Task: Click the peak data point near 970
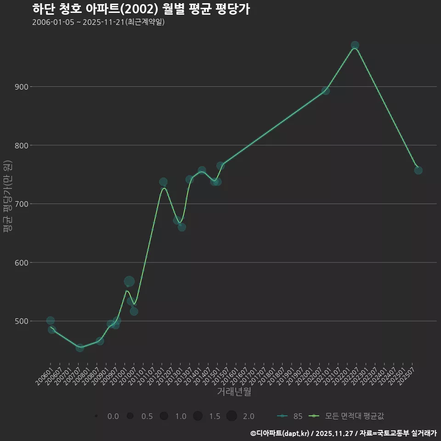click(355, 45)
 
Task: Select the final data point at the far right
click(418, 170)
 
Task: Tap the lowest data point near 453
click(79, 348)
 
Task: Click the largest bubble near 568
click(129, 281)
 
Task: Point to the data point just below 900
click(325, 90)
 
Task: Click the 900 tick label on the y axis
click(21, 87)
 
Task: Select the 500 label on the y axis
click(21, 321)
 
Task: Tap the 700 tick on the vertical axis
click(21, 204)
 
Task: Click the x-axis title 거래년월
click(234, 392)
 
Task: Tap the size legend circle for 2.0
click(232, 416)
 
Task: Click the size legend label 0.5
click(147, 416)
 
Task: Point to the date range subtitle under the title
click(98, 22)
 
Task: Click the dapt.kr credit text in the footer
click(281, 433)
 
